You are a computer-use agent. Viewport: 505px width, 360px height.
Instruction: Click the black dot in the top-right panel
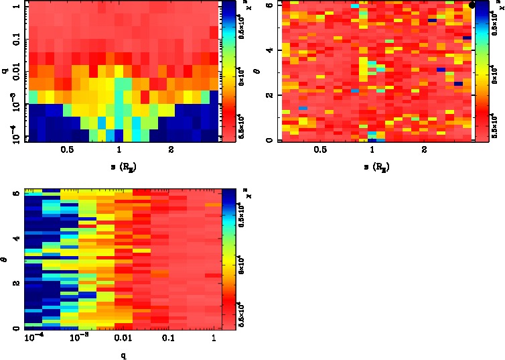point(472,5)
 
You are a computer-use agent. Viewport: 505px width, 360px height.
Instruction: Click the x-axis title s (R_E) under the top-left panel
point(120,165)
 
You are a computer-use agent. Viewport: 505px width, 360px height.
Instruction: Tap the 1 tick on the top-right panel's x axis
point(372,149)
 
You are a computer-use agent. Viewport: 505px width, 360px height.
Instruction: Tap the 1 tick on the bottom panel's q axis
point(213,337)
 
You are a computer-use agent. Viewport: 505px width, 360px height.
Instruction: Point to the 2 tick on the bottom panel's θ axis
point(17,284)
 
